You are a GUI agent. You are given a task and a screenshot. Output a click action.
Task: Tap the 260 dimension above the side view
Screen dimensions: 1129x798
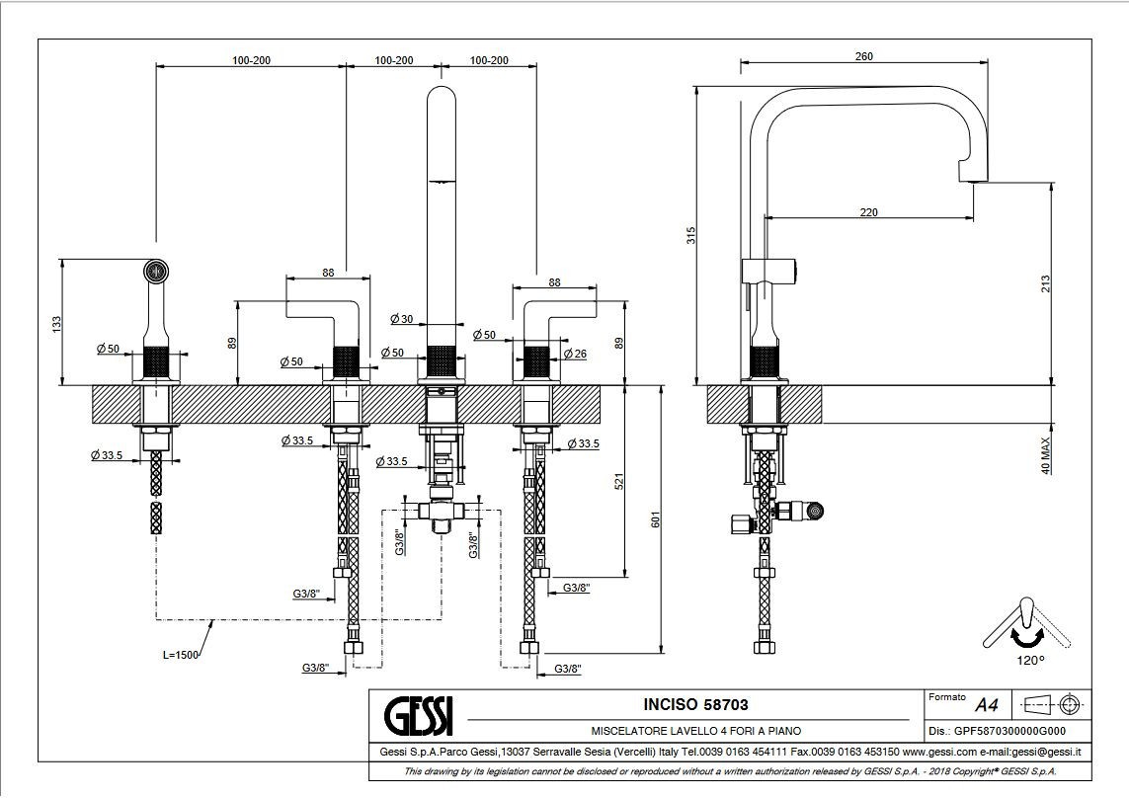[864, 56]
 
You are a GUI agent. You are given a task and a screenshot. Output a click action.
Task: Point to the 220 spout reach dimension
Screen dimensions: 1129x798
[869, 212]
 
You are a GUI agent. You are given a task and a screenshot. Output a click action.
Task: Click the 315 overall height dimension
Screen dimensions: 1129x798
[691, 235]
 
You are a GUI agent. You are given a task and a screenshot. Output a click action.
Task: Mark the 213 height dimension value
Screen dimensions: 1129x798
[1045, 283]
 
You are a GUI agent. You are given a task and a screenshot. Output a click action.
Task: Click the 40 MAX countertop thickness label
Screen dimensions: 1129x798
[1045, 455]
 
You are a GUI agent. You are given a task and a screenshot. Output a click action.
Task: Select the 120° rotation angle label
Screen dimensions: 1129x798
[1029, 660]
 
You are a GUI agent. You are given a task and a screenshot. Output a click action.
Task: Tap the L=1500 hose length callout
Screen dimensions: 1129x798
[180, 656]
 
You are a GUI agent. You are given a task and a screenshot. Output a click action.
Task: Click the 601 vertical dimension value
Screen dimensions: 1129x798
[655, 519]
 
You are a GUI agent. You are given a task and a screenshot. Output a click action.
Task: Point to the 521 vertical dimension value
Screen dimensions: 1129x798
[618, 481]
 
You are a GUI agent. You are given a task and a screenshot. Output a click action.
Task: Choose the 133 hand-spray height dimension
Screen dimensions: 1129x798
[57, 323]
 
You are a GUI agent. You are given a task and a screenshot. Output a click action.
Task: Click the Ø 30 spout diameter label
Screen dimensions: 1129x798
[402, 318]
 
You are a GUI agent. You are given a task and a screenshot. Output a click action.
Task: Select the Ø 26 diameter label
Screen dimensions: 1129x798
[575, 354]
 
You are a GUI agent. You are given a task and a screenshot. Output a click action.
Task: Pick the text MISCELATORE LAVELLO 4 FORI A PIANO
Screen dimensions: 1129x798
[695, 731]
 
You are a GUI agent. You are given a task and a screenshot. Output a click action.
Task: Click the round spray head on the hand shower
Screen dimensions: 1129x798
[155, 272]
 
